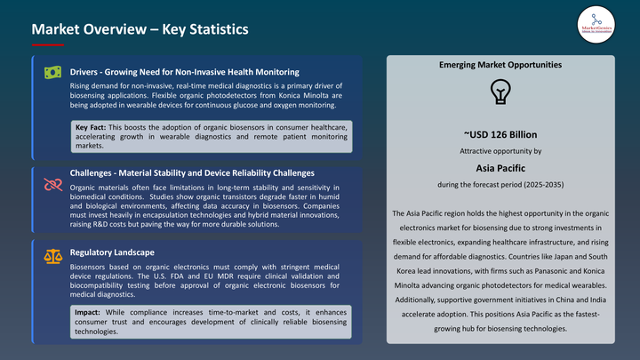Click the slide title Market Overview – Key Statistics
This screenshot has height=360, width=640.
tap(140, 30)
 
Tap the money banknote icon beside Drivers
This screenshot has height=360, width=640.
tap(52, 72)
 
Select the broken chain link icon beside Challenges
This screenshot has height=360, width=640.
tap(52, 183)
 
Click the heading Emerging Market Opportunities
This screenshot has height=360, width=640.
tap(500, 65)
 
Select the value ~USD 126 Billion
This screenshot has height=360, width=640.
tap(500, 135)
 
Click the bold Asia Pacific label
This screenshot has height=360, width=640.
tap(500, 166)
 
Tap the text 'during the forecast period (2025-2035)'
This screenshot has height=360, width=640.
tap(500, 184)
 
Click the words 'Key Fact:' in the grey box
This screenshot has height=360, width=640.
tap(93, 128)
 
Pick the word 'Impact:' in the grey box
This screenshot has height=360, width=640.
tap(90, 312)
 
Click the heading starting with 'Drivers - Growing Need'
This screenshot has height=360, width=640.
tap(184, 71)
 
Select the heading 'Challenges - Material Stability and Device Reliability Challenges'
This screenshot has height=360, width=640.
tap(192, 172)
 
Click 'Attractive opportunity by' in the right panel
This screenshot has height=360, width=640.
tap(500, 150)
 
